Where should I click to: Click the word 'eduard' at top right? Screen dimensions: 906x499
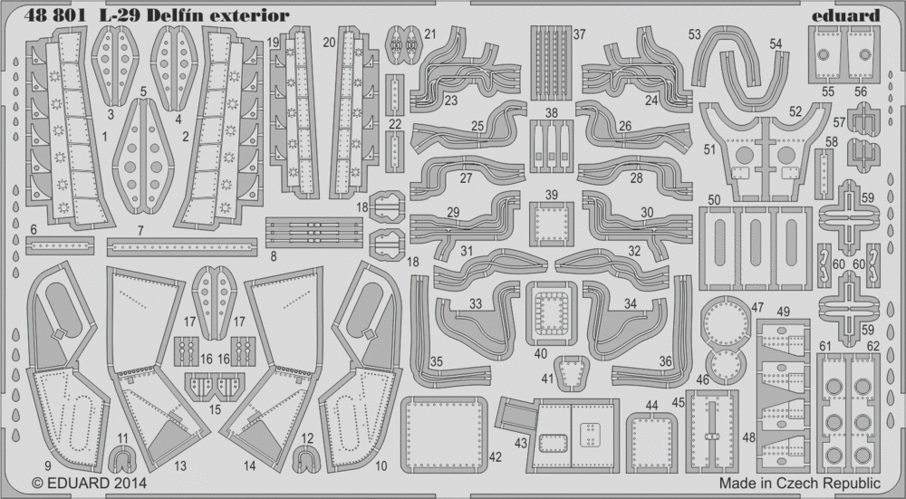pos(845,15)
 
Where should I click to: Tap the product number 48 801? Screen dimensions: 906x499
pos(55,15)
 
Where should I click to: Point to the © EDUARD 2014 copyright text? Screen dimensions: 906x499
pos(81,483)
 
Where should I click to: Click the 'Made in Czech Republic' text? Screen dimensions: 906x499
pos(800,483)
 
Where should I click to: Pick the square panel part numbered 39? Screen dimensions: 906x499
pos(551,225)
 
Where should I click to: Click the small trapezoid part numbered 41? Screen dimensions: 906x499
pos(571,374)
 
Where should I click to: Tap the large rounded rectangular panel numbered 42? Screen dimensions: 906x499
pos(444,434)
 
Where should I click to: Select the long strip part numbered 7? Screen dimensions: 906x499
pos(182,246)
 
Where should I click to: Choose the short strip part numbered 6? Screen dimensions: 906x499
pos(60,245)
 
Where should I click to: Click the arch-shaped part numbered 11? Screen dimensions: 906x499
pos(122,460)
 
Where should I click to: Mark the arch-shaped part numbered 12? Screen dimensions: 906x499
pos(305,460)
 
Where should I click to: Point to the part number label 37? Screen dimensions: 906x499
pos(579,34)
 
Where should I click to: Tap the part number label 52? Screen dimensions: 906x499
pos(795,111)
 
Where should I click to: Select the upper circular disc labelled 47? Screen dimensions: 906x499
pos(725,321)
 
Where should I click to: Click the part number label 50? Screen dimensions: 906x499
pos(714,200)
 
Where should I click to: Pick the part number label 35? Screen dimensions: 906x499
pos(437,361)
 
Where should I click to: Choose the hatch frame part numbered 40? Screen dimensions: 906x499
pos(551,313)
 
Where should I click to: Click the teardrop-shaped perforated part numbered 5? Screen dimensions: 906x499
pos(143,156)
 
